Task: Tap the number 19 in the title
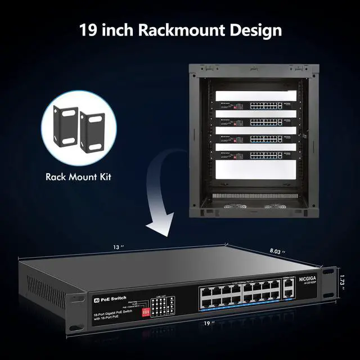pyautogui.click(x=89, y=29)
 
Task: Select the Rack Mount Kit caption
pyautogui.click(x=78, y=177)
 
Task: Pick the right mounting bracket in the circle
pyautogui.click(x=92, y=133)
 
